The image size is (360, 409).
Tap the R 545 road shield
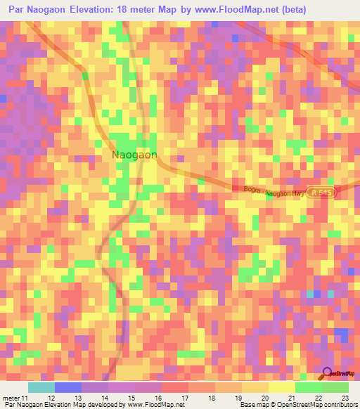click(321, 192)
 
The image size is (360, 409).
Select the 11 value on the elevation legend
click(25, 398)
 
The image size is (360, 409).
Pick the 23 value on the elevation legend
click(345, 398)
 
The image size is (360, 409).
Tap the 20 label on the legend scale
click(264, 398)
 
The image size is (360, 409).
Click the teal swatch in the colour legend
click(41, 387)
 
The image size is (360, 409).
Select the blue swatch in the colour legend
click(67, 387)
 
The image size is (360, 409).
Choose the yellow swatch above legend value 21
click(281, 387)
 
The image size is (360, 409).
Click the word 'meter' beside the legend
click(12, 398)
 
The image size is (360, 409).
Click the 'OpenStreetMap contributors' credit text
click(321, 405)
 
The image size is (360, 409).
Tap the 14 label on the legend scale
click(105, 398)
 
